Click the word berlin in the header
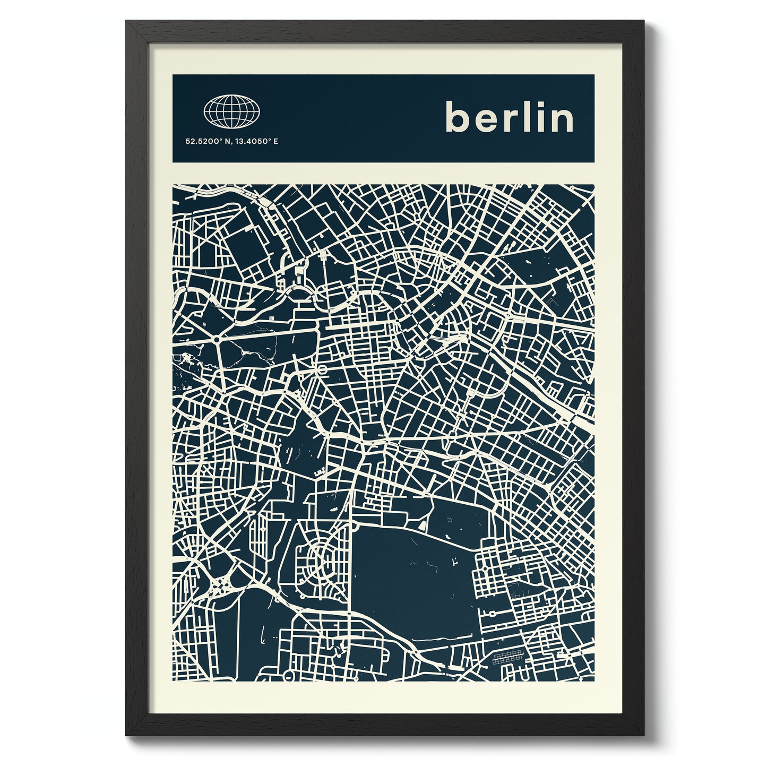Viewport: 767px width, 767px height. [510, 118]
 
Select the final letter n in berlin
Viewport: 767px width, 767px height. [563, 121]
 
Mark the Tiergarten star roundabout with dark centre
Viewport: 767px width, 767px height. [217, 339]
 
